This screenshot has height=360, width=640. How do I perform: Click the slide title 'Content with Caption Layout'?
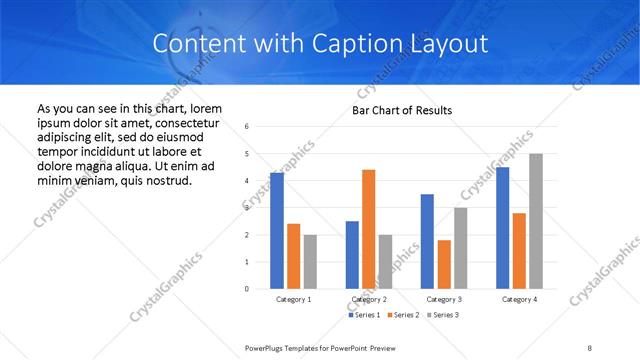[x=320, y=44]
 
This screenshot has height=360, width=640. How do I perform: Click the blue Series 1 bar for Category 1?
[x=277, y=231]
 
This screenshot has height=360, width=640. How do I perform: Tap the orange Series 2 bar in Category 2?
[x=369, y=229]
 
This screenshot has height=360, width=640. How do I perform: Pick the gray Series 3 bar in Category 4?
[x=536, y=221]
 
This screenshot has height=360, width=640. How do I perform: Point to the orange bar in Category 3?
[x=444, y=264]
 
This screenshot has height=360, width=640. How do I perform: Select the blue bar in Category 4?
[x=502, y=228]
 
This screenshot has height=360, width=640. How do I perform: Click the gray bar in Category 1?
[x=310, y=262]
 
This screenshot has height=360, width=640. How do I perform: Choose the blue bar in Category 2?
[x=352, y=255]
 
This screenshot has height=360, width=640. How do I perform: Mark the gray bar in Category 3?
[x=461, y=248]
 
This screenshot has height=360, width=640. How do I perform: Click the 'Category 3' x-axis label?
[x=444, y=299]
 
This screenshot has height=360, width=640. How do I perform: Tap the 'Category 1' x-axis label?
[x=294, y=299]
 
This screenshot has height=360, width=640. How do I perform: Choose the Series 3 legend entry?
[x=443, y=315]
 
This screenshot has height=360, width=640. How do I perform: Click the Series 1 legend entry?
[x=362, y=315]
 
